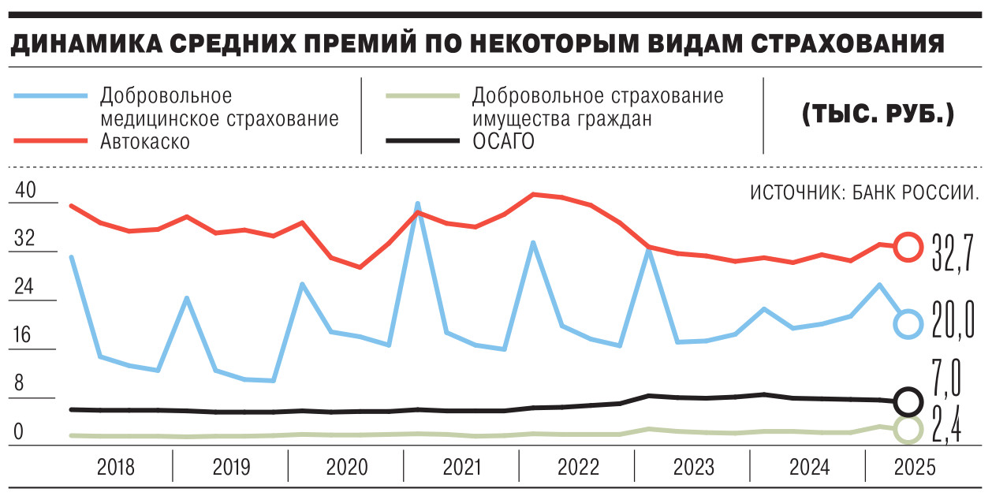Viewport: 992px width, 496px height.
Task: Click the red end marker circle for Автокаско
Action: point(908,247)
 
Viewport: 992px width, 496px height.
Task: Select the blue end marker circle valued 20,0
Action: point(908,323)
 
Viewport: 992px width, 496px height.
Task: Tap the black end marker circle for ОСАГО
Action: point(908,401)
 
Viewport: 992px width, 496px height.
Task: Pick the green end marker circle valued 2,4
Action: point(908,429)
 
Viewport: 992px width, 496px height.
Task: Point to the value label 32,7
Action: point(953,251)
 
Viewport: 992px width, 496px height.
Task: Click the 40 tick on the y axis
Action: point(26,191)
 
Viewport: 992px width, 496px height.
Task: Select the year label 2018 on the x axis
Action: point(116,468)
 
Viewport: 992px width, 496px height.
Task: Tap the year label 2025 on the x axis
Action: point(915,468)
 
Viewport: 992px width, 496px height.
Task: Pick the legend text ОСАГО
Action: point(503,141)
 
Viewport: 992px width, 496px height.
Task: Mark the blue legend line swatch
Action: point(50,96)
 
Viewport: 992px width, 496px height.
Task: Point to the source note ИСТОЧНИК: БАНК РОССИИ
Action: point(865,193)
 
